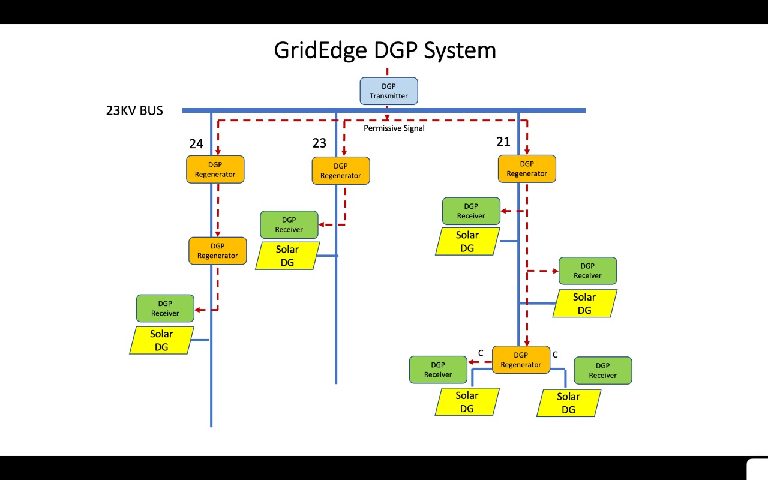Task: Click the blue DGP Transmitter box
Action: click(388, 91)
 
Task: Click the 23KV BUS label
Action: click(134, 110)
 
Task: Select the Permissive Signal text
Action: click(394, 128)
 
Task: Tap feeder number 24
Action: click(196, 144)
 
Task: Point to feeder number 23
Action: click(319, 143)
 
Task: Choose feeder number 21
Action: click(503, 142)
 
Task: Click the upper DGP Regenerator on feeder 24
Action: click(215, 169)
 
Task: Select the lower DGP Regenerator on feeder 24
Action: click(217, 251)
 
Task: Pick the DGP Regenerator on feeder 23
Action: click(340, 171)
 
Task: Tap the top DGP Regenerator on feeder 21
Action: click(527, 169)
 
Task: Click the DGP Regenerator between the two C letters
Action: click(521, 359)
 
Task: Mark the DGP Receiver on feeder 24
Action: click(165, 308)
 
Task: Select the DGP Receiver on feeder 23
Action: click(289, 224)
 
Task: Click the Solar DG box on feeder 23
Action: click(287, 256)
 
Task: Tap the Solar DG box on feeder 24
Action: click(161, 340)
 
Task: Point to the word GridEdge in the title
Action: click(320, 50)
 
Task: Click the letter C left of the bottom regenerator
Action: click(480, 353)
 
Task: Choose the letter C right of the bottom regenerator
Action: click(555, 355)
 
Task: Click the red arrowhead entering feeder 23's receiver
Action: click(322, 224)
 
